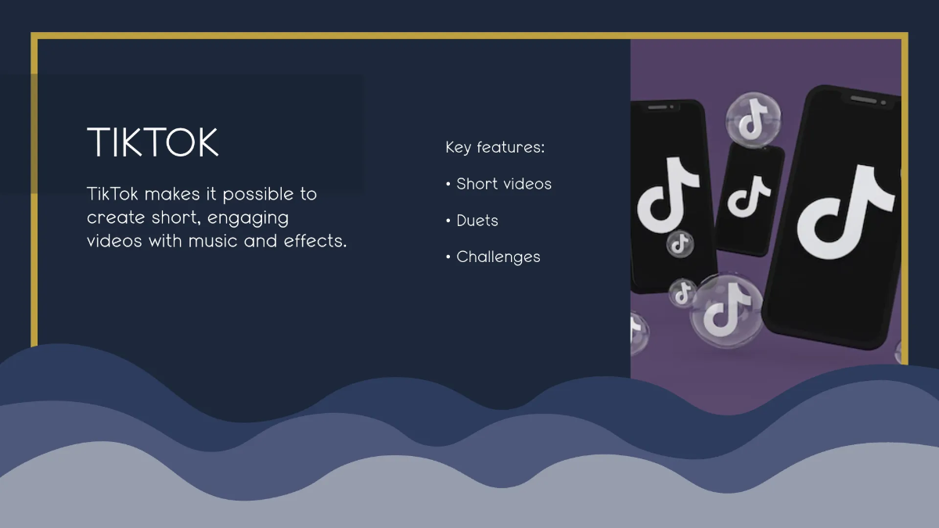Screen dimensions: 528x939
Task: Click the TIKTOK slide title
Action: (153, 143)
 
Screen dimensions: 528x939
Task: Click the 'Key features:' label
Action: (495, 147)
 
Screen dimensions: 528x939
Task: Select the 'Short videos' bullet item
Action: (504, 184)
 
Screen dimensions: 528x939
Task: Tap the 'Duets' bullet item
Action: (477, 221)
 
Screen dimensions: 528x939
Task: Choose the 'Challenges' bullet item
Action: (498, 257)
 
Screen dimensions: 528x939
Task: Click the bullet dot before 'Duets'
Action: (448, 221)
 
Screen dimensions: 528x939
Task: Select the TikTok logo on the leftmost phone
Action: (667, 196)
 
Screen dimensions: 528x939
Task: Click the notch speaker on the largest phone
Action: (863, 99)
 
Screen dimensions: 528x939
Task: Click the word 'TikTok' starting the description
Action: (114, 194)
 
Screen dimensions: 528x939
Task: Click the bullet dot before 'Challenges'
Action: (448, 257)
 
